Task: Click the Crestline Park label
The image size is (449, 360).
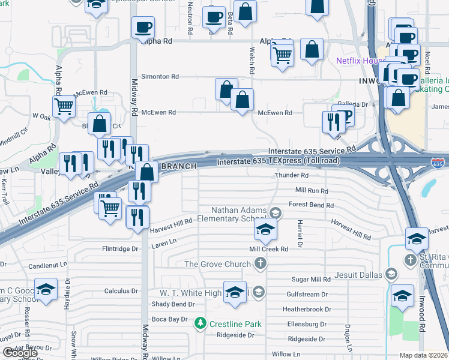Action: (235, 324)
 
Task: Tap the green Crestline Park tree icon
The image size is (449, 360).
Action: (201, 324)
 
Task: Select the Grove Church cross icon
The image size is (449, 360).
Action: (260, 263)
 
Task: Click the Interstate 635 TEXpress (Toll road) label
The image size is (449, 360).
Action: (279, 161)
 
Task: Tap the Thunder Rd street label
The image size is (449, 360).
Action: (292, 176)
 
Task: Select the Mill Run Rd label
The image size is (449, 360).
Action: (312, 190)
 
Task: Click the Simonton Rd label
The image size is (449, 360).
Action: (160, 77)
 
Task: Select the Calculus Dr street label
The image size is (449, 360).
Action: (121, 291)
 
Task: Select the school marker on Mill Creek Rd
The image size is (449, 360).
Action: (265, 229)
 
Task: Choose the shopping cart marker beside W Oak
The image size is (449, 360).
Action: (64, 107)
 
